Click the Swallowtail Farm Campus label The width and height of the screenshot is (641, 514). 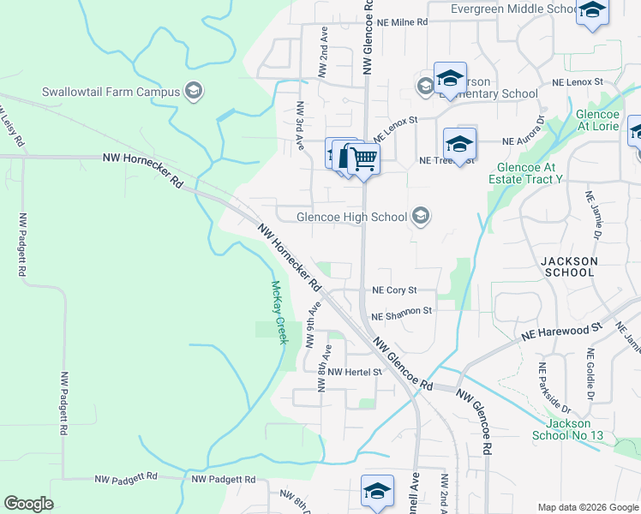pyautogui.click(x=111, y=92)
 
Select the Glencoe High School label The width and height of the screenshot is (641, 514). pyautogui.click(x=351, y=217)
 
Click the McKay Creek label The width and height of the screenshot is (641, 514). pyautogui.click(x=278, y=313)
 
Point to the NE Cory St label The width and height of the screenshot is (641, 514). pyautogui.click(x=394, y=291)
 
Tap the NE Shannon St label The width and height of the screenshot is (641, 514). pyautogui.click(x=402, y=314)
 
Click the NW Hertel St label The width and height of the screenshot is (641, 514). pyautogui.click(x=354, y=372)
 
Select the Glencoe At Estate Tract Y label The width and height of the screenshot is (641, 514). pyautogui.click(x=525, y=173)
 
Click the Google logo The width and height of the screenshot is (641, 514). pyautogui.click(x=28, y=504)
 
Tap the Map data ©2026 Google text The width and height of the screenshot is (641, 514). pyautogui.click(x=587, y=507)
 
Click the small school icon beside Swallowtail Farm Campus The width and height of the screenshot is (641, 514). pyautogui.click(x=194, y=92)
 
